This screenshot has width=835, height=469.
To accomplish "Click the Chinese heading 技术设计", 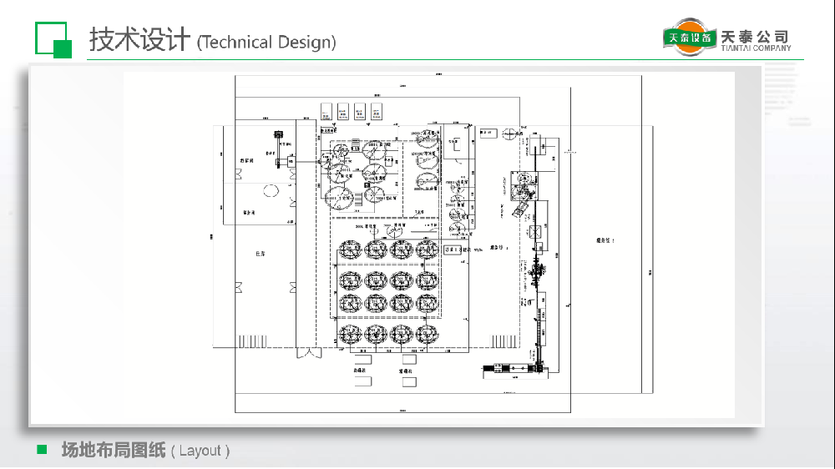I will tap(139, 39).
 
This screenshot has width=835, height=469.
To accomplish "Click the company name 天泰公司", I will tap(755, 36).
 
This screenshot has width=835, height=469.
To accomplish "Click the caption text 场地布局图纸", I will tap(114, 451).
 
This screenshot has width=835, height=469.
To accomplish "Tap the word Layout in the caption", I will tap(200, 451).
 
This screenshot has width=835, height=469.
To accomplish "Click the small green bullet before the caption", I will tap(42, 451).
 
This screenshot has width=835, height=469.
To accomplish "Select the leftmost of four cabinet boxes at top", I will tap(327, 111).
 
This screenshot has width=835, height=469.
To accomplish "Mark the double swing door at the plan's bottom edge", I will tap(308, 352).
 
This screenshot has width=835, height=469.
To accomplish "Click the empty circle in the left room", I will tap(271, 190).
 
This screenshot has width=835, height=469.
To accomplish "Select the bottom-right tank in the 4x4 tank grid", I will tap(427, 335).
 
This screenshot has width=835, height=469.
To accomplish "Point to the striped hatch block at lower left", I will tap(252, 341).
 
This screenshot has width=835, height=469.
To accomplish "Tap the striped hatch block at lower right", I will tap(504, 341).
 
